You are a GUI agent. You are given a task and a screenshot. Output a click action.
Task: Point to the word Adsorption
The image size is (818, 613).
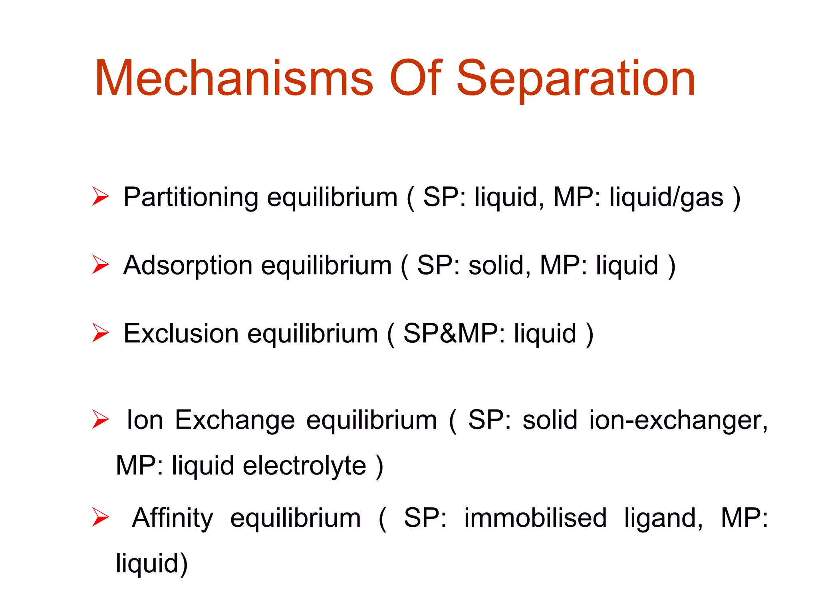coord(188,265)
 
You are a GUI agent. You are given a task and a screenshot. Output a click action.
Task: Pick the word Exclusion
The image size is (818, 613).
coord(181,334)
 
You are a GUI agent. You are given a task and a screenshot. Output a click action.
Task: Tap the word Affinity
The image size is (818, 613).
coord(173,518)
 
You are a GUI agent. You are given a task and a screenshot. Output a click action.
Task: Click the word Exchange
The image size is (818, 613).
coord(235,420)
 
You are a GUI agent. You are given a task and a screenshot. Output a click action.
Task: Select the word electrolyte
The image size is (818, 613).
coord(304,466)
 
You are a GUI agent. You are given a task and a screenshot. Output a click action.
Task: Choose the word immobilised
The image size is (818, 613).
coord(535,518)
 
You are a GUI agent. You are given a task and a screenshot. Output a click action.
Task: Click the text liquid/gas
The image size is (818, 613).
coord(666,197)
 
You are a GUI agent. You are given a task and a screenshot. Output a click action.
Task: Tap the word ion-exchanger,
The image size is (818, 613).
coord(678,420)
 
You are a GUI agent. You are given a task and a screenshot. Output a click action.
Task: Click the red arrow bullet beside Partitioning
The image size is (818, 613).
coord(100,196)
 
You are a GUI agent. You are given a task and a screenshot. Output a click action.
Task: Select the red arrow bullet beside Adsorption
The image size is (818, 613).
coord(100,265)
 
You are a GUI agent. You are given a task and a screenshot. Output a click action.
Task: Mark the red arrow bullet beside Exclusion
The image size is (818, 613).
coord(100,333)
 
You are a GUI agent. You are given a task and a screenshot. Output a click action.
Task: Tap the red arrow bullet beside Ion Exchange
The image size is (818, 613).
coord(100,419)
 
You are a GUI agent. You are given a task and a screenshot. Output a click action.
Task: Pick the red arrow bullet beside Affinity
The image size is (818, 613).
coord(100,517)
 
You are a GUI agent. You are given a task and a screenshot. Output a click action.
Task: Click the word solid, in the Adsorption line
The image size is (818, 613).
coord(500,265)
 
